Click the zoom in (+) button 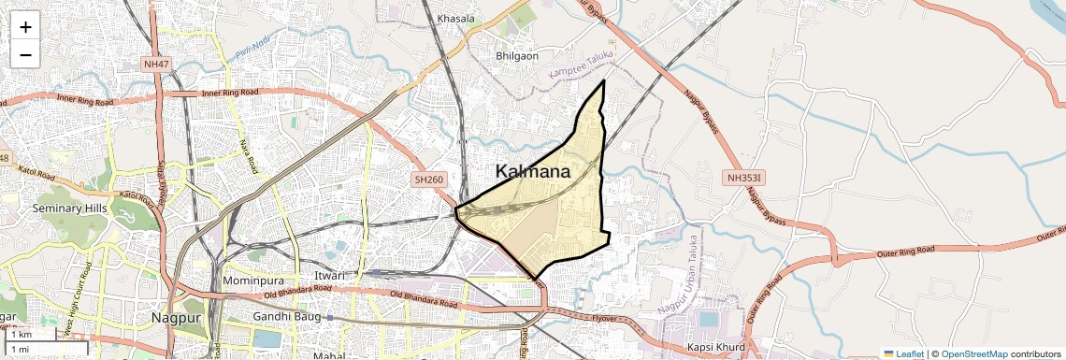tap(25, 27)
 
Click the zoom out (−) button tap(25, 55)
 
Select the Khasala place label tap(456, 19)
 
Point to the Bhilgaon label tap(517, 56)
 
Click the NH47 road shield tap(156, 64)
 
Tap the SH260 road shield tap(430, 177)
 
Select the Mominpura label tap(253, 281)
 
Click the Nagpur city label tap(177, 318)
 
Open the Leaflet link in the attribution tap(904, 353)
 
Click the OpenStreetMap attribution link tap(973, 353)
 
